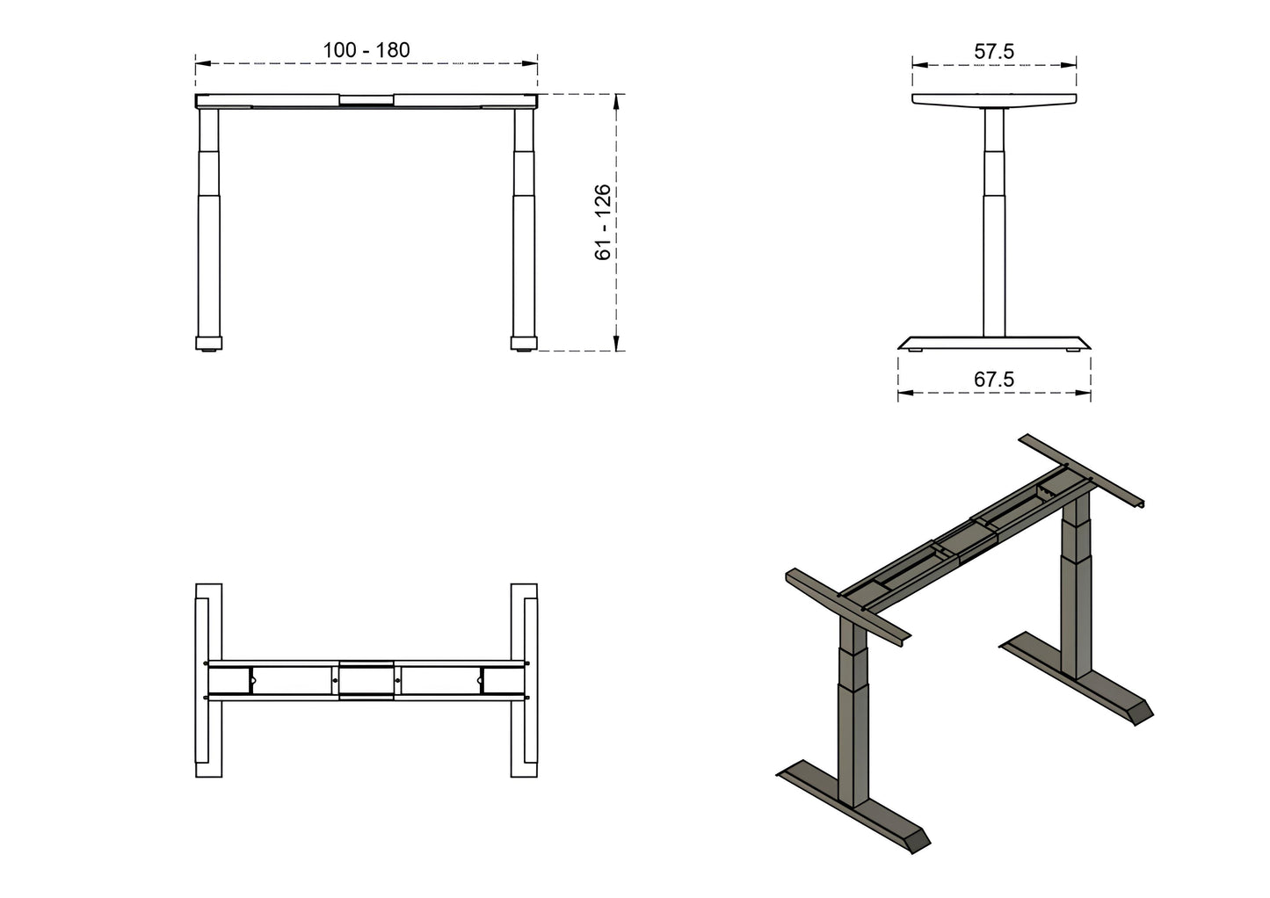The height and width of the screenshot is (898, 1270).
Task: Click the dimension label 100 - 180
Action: [x=366, y=50]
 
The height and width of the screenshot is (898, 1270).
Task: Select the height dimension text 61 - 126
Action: [x=603, y=222]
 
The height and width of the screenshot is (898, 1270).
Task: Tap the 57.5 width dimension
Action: [x=994, y=52]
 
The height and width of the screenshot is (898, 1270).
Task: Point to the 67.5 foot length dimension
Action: [x=994, y=380]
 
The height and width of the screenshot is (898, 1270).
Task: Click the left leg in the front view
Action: [x=208, y=228]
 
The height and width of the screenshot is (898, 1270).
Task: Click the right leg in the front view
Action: [x=524, y=228]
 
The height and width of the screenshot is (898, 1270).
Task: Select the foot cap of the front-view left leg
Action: [x=208, y=343]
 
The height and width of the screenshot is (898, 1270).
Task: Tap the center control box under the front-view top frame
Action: [x=366, y=102]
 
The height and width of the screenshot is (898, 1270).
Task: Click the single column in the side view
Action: [x=994, y=220]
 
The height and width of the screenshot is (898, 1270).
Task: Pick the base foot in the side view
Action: [x=994, y=343]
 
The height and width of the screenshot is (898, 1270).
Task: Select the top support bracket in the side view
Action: [x=994, y=101]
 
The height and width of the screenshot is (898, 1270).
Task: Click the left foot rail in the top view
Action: [x=208, y=680]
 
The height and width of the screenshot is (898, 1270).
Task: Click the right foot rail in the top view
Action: [x=524, y=680]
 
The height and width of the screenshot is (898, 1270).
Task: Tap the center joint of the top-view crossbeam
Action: [x=366, y=680]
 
